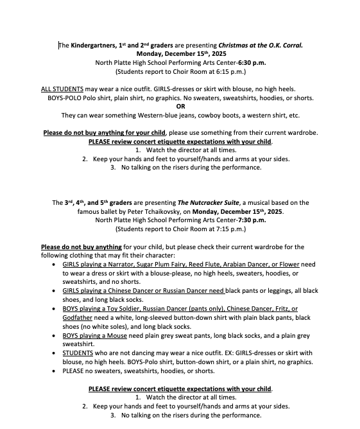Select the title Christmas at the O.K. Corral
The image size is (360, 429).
(x=261, y=46)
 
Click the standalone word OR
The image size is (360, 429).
(x=180, y=107)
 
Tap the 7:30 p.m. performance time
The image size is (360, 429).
(x=247, y=220)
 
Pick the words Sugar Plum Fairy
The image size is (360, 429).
(x=157, y=264)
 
